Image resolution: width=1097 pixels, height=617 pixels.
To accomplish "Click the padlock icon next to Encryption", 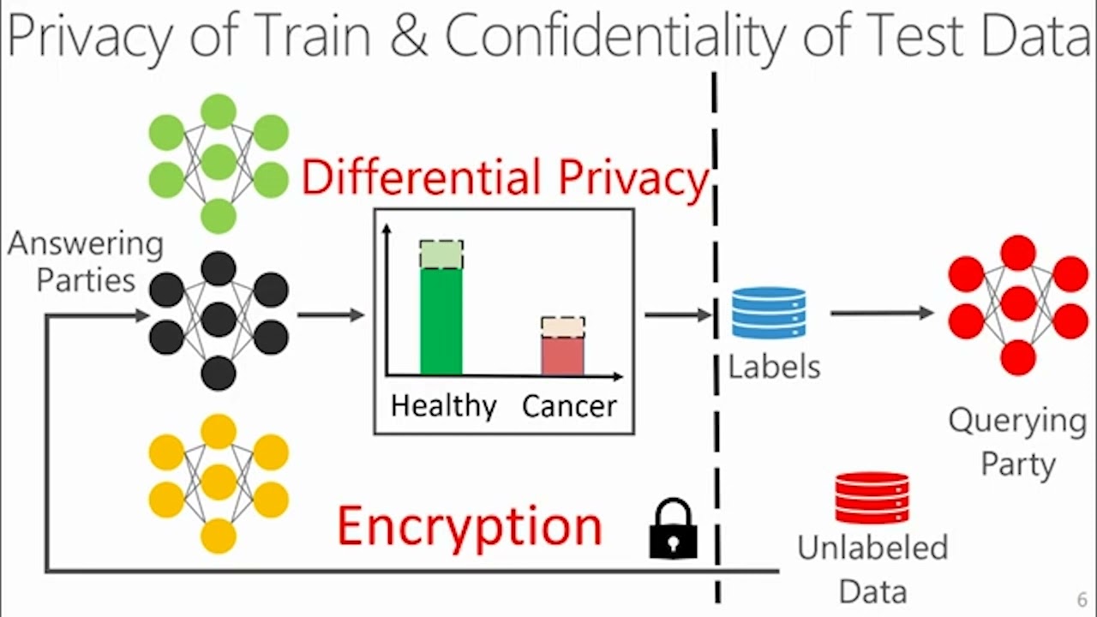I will pyautogui.click(x=673, y=530).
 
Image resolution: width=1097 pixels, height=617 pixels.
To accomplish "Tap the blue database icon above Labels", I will pyautogui.click(x=769, y=314).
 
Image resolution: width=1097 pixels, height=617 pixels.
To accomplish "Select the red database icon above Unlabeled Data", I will pyautogui.click(x=872, y=498).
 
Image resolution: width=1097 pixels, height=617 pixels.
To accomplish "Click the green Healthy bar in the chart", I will pyautogui.click(x=441, y=321).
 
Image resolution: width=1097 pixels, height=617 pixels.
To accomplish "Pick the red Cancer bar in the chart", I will pyautogui.click(x=562, y=356).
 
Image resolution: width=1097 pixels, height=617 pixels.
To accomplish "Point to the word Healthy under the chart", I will pyautogui.click(x=443, y=405).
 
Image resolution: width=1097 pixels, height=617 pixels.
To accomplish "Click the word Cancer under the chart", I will pyautogui.click(x=569, y=405).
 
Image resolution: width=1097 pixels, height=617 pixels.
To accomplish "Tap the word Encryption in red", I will pyautogui.click(x=470, y=526).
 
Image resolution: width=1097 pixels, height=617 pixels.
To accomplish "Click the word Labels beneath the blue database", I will pyautogui.click(x=774, y=367).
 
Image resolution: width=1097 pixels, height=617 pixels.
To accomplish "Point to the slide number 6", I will pyautogui.click(x=1082, y=600).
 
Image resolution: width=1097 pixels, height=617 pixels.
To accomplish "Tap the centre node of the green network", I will pyautogui.click(x=219, y=162).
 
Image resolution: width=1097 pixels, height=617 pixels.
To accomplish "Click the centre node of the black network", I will pyautogui.click(x=219, y=320).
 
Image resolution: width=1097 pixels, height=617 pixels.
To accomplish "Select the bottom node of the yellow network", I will pyautogui.click(x=219, y=536).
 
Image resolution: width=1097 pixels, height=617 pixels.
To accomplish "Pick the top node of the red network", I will pyautogui.click(x=1018, y=253).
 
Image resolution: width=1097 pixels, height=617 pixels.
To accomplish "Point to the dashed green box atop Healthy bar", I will pyautogui.click(x=441, y=255).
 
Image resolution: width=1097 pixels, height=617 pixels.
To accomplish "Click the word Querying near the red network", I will pyautogui.click(x=1017, y=421).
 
